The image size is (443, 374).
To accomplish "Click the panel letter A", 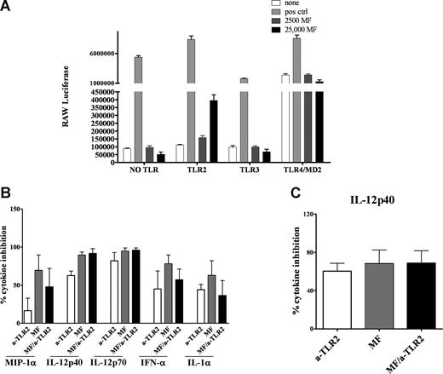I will pyautogui.click(x=8, y=8).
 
